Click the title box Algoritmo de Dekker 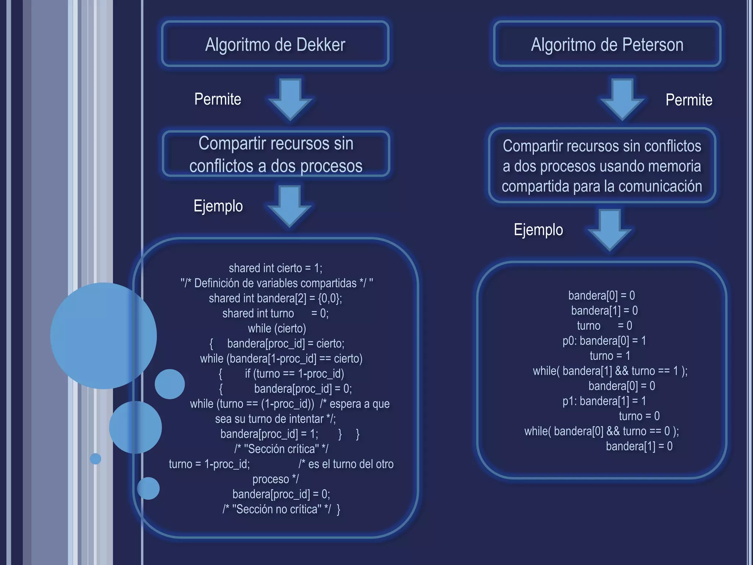pyautogui.click(x=275, y=44)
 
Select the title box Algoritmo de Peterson pyautogui.click(x=607, y=44)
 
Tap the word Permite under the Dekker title pyautogui.click(x=218, y=99)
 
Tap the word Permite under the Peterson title pyautogui.click(x=689, y=100)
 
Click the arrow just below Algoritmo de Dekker pyautogui.click(x=290, y=99)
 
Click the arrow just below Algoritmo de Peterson pyautogui.click(x=622, y=99)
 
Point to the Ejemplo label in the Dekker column pyautogui.click(x=218, y=206)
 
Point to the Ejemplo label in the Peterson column pyautogui.click(x=538, y=230)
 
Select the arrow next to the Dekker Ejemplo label pyautogui.click(x=290, y=205)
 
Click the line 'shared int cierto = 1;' pyautogui.click(x=275, y=268)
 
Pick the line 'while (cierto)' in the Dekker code pyautogui.click(x=277, y=328)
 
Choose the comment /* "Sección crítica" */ pyautogui.click(x=281, y=449)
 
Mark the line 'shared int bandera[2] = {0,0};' pyautogui.click(x=275, y=298)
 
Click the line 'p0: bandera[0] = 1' pyautogui.click(x=604, y=341)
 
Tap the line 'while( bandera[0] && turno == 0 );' pyautogui.click(x=602, y=431)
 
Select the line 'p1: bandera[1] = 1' pyautogui.click(x=604, y=401)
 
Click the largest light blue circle pyautogui.click(x=103, y=335)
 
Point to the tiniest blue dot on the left pyautogui.click(x=96, y=459)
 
